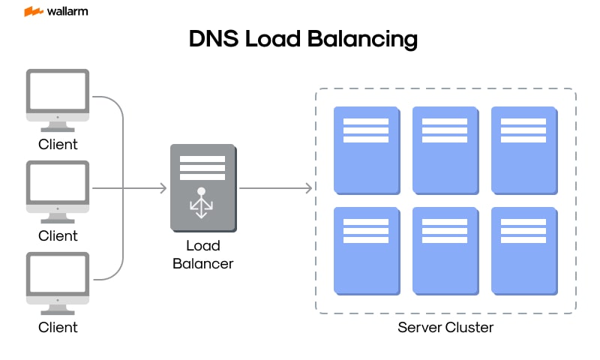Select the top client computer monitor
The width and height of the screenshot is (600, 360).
click(x=58, y=94)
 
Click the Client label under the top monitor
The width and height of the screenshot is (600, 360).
click(x=58, y=144)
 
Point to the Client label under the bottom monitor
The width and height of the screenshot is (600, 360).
click(x=58, y=328)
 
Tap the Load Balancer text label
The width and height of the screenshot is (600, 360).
click(x=202, y=255)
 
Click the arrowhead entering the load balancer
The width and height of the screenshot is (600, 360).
click(x=163, y=187)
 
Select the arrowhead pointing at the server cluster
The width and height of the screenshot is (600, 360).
click(x=308, y=187)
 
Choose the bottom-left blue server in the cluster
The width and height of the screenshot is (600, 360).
click(x=366, y=250)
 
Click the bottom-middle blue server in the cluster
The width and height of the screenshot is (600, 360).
click(x=445, y=250)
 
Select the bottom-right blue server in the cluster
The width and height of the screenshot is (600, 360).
click(x=523, y=250)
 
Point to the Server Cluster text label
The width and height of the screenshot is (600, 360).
click(x=445, y=328)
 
